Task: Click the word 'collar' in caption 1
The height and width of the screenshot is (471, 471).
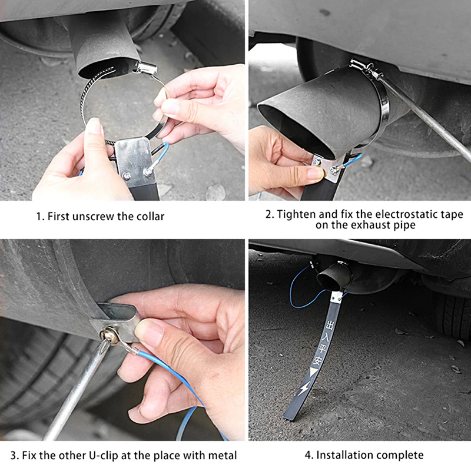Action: pos(150,216)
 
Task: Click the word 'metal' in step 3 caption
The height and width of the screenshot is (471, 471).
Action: pos(222,455)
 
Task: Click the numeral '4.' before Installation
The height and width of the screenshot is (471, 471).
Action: pos(309,455)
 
